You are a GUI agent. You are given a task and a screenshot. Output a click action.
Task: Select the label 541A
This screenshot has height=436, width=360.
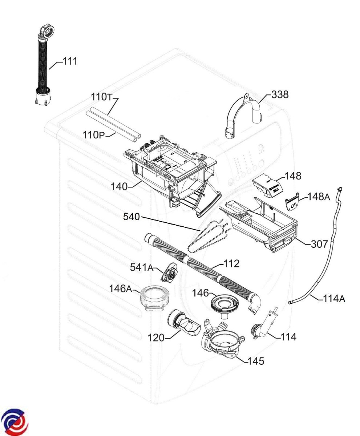(141, 267)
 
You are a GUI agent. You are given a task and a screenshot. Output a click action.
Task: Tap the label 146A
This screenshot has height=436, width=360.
(121, 289)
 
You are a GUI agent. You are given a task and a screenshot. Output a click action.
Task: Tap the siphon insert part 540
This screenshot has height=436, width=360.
(205, 238)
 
